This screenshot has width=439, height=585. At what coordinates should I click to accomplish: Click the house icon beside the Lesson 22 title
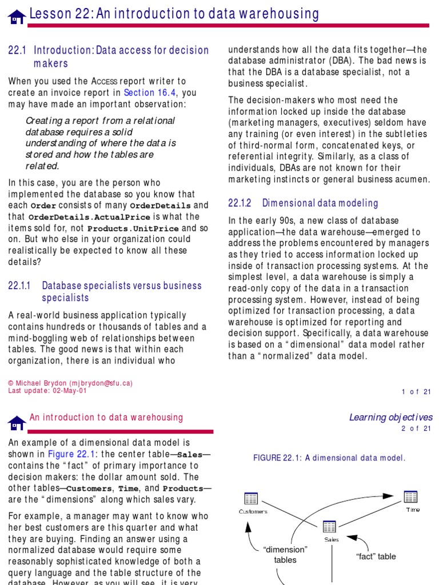point(17,17)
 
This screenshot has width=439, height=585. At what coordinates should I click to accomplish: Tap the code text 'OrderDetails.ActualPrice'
point(89,218)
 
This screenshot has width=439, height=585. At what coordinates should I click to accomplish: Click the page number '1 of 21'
point(416,391)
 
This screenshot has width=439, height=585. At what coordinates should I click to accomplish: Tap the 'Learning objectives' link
point(391,418)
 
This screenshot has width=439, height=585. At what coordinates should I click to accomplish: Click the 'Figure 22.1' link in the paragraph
point(69,454)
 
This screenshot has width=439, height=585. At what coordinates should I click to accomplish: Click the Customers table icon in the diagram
point(252,499)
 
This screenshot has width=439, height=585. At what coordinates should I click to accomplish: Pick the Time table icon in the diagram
point(410,496)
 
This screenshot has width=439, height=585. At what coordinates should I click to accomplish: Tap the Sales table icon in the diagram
point(330,527)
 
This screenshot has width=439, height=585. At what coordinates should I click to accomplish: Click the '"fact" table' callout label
point(376,556)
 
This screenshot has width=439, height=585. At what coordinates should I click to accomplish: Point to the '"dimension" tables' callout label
point(285,555)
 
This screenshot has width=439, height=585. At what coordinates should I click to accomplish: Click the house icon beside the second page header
point(17,423)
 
